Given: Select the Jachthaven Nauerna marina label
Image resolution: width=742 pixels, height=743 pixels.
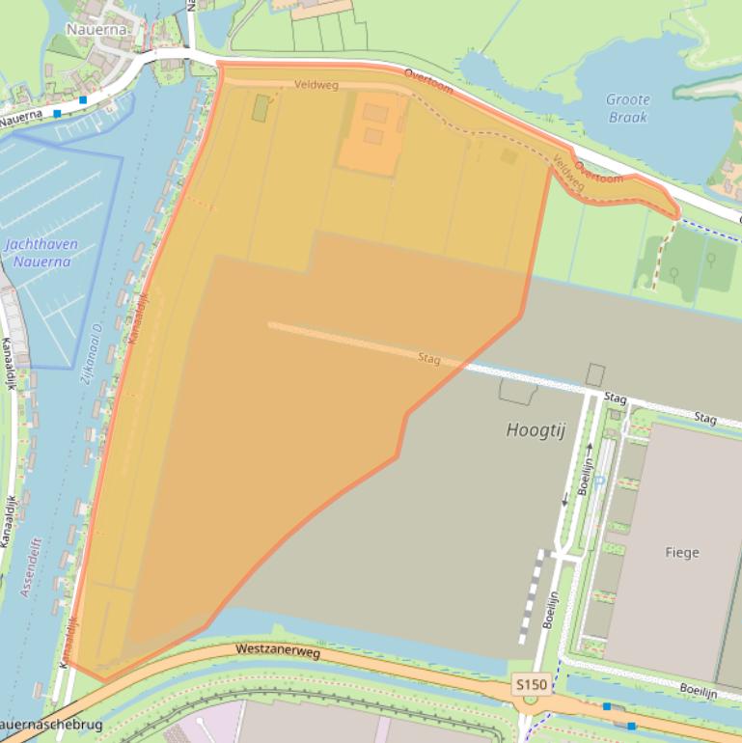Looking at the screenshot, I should click(41, 253).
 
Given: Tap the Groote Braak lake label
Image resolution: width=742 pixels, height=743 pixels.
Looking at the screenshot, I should click(627, 108).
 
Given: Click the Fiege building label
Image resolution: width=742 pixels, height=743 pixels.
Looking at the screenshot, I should click(681, 553).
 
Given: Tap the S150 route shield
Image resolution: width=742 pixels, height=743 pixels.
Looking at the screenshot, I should click(531, 684).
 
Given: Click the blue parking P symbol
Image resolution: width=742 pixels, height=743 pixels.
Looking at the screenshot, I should click(599, 482).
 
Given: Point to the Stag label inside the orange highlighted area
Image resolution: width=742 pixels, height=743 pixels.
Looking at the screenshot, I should click(429, 359).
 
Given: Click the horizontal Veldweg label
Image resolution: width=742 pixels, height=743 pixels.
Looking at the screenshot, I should click(317, 85).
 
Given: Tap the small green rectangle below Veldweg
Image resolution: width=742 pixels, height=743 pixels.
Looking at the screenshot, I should click(261, 107).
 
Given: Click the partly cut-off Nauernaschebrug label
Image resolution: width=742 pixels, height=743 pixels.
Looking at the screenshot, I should click(48, 724).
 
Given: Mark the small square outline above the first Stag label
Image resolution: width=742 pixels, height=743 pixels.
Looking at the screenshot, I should click(595, 375).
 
